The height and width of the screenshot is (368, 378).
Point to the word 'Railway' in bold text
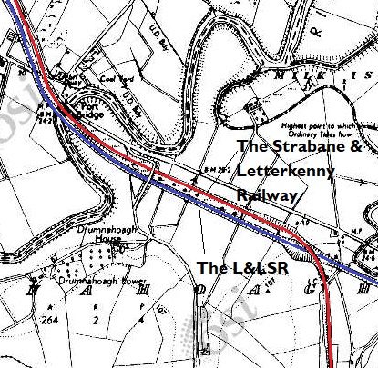coord(267,195)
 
